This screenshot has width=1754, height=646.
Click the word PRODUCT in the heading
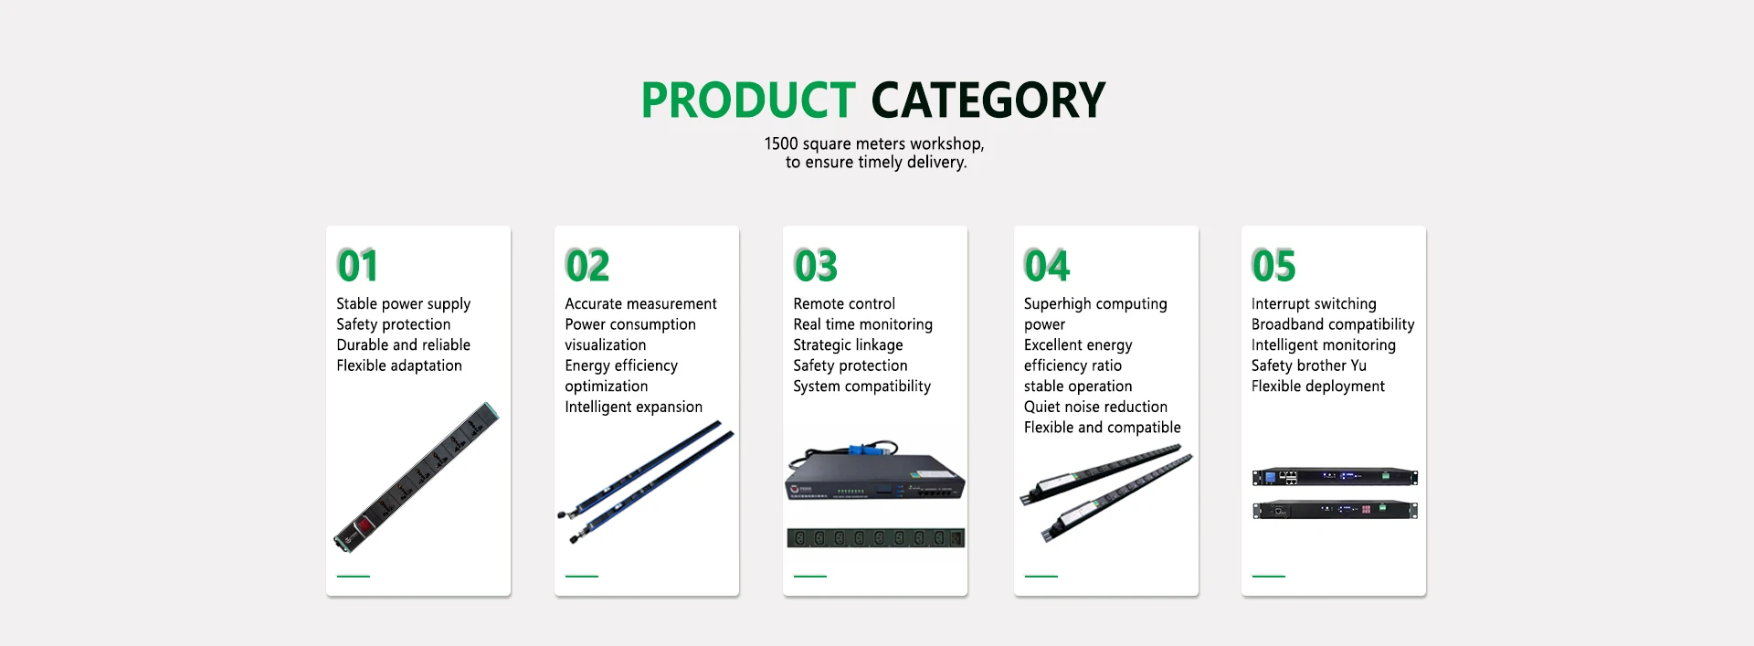(748, 101)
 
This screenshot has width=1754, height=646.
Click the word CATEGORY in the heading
(988, 101)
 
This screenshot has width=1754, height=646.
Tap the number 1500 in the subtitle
(781, 143)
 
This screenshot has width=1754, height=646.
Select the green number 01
(357, 266)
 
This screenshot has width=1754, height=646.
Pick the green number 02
(587, 266)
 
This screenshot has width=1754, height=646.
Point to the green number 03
(816, 266)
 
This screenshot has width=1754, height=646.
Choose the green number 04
(1047, 266)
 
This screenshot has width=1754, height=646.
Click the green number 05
(1274, 266)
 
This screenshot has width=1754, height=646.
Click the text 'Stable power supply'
(404, 304)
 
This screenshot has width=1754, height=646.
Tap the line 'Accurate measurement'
(640, 303)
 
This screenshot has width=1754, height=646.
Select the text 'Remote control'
(844, 303)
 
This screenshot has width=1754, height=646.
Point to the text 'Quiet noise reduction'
(1095, 407)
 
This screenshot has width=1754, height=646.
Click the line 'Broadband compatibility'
(1333, 324)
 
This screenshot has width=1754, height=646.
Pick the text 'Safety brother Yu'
(1309, 365)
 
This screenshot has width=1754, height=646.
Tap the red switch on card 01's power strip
(362, 525)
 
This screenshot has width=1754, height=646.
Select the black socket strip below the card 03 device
(876, 538)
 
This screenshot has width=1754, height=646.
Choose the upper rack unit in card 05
(1335, 477)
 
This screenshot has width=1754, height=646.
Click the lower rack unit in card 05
(1335, 510)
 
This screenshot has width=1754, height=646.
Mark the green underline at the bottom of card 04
(1041, 577)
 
